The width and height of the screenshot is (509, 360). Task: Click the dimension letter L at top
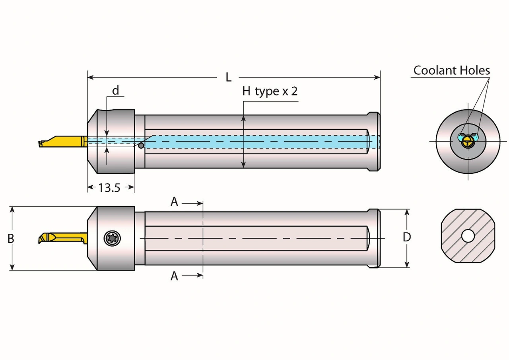coord(228,77)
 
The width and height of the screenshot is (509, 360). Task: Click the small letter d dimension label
coord(115,91)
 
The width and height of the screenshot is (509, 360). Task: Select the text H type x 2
coord(270,91)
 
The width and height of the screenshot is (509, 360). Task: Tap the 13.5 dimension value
coord(109,188)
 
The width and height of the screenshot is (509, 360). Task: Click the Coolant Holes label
coord(451,70)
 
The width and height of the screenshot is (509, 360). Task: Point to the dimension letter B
coord(11,239)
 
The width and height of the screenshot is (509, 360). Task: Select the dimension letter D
coord(407,237)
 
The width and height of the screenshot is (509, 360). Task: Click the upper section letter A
coord(174,202)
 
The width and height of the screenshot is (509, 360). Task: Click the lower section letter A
coord(174,276)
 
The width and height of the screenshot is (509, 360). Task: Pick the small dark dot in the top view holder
coord(141,146)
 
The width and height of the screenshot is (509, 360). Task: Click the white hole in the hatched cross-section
coord(468,236)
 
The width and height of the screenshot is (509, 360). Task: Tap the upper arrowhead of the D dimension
coord(407,212)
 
